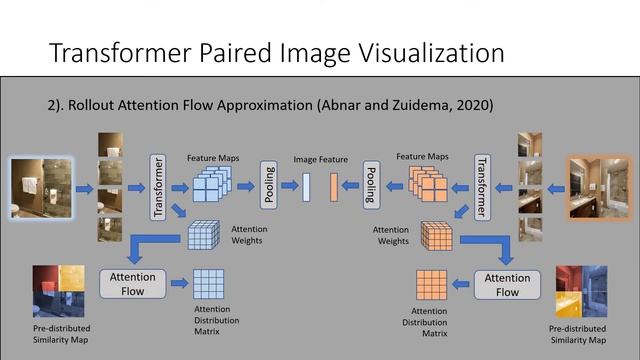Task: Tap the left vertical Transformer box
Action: (x=157, y=186)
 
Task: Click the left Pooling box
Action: (x=269, y=184)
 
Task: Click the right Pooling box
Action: (x=370, y=184)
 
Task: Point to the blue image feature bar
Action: (x=307, y=186)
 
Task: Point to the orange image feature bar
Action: (x=333, y=186)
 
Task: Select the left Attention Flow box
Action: (x=133, y=284)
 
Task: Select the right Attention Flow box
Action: (x=507, y=284)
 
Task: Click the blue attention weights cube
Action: (x=203, y=237)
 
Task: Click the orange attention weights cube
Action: (x=437, y=237)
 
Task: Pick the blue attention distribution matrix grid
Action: (x=210, y=285)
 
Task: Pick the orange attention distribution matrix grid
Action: (x=431, y=286)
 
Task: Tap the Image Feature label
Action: (x=319, y=159)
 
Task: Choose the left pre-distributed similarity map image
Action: (x=59, y=290)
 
